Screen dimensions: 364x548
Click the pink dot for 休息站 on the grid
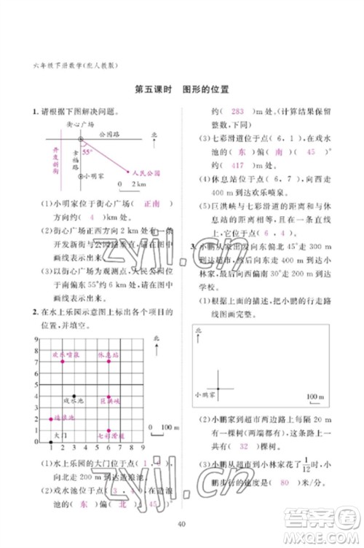108,361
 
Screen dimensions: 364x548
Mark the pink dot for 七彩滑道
108,431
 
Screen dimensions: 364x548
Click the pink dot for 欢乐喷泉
63,361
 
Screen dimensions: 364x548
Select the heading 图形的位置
205,91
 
